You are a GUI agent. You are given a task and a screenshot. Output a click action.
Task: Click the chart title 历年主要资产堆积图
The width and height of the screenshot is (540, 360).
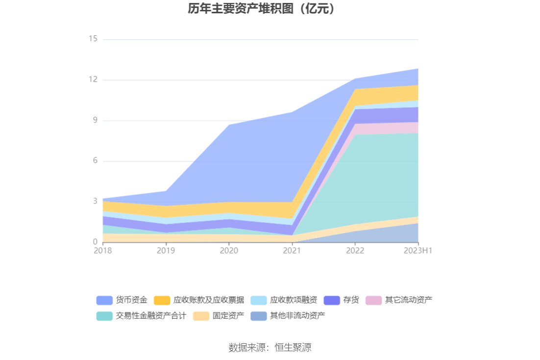coord(262,9)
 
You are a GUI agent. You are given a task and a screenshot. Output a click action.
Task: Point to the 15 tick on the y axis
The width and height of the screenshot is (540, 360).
coord(93,39)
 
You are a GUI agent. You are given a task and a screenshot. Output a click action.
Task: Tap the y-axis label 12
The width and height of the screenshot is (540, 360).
coord(93,79)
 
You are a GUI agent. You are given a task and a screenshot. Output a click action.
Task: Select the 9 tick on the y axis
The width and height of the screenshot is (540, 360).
coord(95,120)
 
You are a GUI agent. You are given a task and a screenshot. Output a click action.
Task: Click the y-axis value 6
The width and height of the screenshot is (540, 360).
coord(95,161)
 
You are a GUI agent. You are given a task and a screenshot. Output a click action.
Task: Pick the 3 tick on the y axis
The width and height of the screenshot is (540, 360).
coord(95,202)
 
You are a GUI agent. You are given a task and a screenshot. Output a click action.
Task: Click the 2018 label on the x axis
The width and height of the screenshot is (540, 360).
coord(103,251)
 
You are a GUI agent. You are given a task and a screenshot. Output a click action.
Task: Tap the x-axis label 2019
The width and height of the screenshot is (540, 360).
coord(166,251)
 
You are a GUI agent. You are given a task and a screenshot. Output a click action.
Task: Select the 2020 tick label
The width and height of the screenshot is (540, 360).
coord(229,251)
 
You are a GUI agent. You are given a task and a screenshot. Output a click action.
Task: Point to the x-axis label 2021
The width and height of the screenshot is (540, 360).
coord(292,251)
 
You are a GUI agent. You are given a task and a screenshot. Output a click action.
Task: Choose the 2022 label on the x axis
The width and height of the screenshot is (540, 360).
coord(355,251)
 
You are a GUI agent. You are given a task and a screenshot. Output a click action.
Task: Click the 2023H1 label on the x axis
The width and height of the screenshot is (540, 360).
coord(418,251)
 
